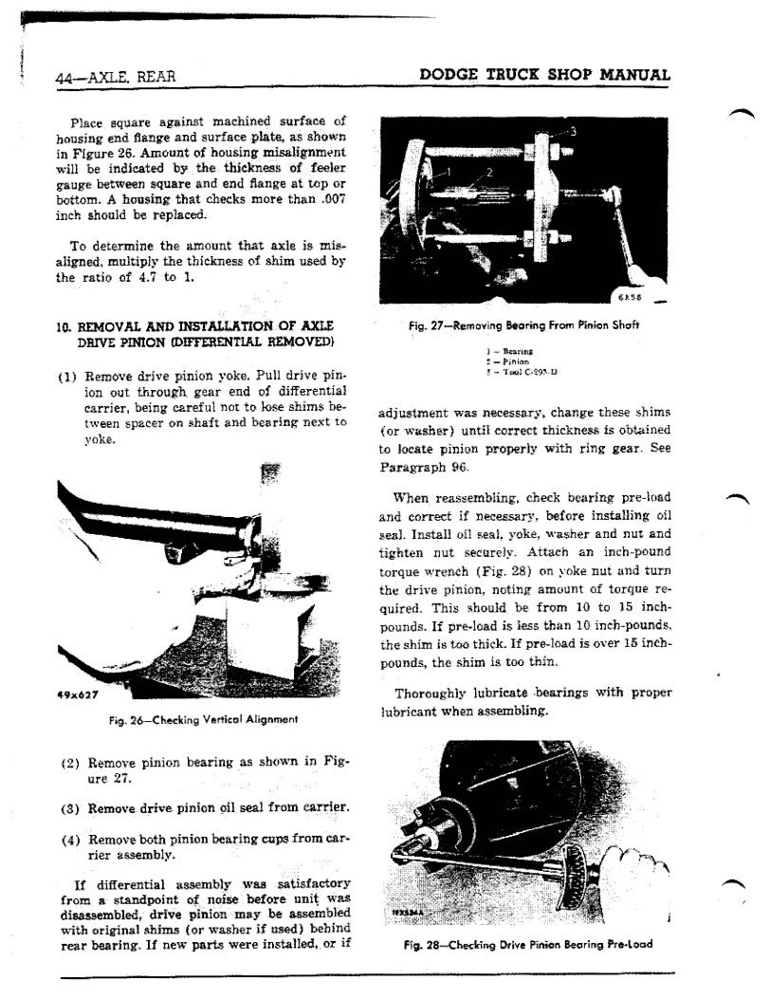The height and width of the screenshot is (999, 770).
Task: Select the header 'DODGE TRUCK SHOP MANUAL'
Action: [x=544, y=75]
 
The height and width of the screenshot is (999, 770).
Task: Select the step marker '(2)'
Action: [x=68, y=764]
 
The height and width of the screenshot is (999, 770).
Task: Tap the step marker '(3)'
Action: [x=68, y=808]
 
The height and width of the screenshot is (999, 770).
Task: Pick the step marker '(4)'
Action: [x=68, y=840]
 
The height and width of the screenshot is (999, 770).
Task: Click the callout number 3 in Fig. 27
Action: [x=574, y=131]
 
